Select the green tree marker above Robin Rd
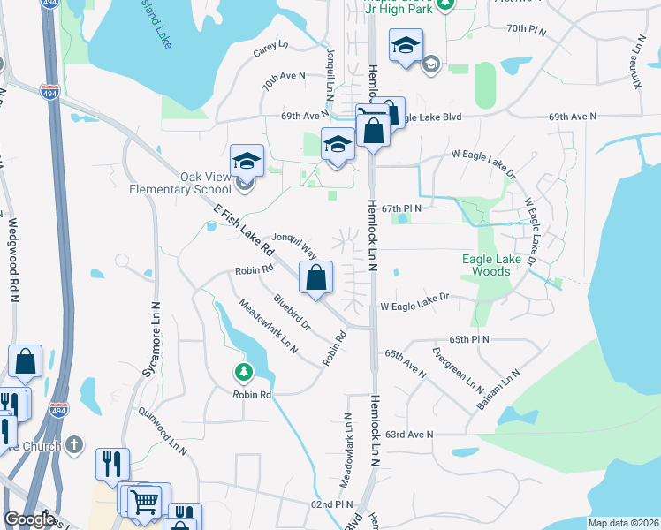243,373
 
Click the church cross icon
75,443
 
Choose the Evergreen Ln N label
458,370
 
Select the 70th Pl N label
528,28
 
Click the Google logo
29,519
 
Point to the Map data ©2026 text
622,523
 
